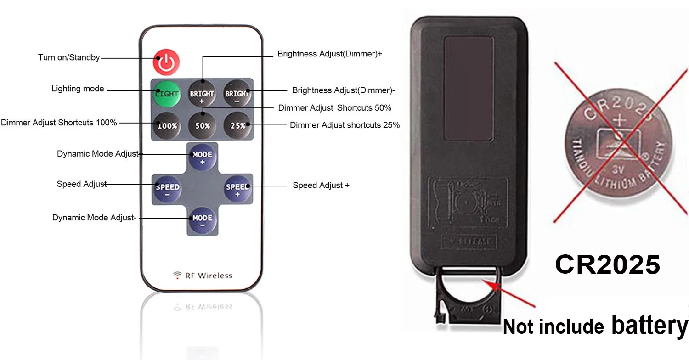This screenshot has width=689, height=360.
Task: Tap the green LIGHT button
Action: coord(166,93)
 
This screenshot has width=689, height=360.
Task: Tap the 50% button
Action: coord(202,124)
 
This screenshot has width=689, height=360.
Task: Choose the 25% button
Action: coord(237,124)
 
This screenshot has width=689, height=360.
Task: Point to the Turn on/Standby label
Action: coord(69,58)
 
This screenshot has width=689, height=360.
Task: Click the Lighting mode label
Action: coord(78,89)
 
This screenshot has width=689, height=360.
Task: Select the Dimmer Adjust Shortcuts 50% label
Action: coord(334,108)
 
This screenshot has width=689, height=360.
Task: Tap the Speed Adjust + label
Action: coord(321,186)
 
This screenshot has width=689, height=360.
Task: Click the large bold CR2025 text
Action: coord(607,265)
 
